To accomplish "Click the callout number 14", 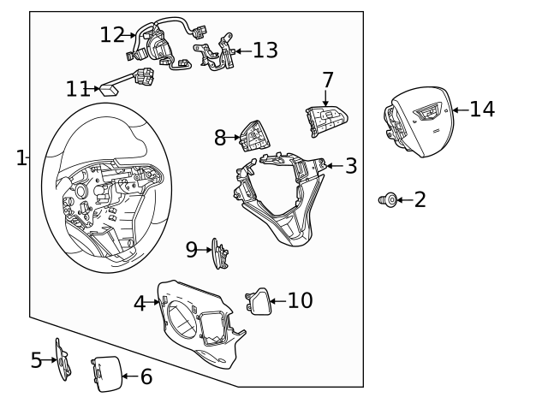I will coord(482,110).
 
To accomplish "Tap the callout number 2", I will coord(420,200).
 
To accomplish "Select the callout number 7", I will coord(328,80).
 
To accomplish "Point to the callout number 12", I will coord(111,35).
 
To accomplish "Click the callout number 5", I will coord(36,360).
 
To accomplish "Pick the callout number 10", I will coord(300,301).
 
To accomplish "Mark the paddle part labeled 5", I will coord(63,359).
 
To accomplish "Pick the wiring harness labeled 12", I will coord(163,47).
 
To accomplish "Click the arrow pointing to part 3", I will coord(333,165).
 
